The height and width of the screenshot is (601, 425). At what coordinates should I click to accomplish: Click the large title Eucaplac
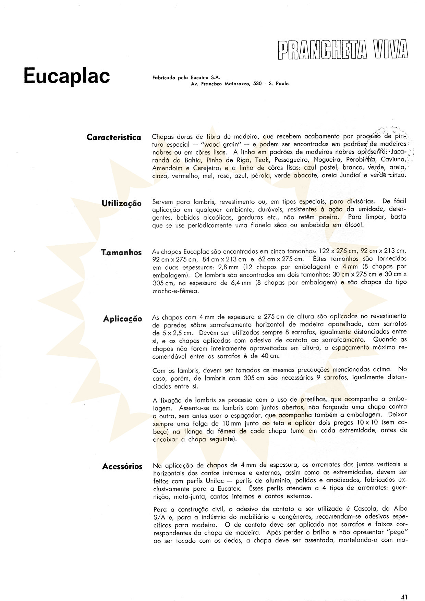(x=67, y=76)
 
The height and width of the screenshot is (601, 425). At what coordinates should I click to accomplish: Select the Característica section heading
(x=114, y=137)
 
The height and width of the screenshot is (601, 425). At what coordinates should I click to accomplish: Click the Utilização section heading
(x=121, y=204)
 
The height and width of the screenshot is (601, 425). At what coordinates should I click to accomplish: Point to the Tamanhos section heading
(x=121, y=253)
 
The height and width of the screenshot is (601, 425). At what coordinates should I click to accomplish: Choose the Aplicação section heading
(x=122, y=319)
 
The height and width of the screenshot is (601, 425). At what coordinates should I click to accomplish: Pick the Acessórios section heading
(x=122, y=467)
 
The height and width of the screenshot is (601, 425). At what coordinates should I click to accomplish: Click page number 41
(x=404, y=587)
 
